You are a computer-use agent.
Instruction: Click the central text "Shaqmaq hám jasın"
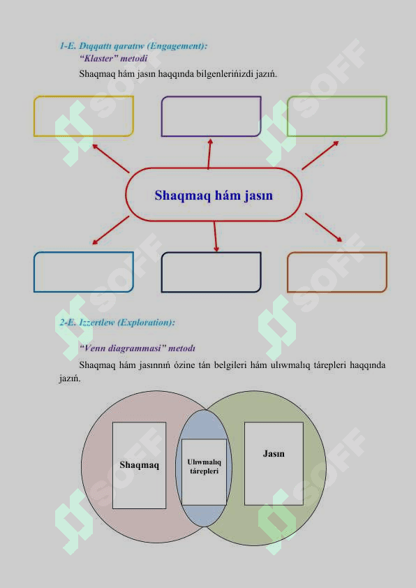click(214, 196)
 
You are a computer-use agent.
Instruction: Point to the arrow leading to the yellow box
click(111, 159)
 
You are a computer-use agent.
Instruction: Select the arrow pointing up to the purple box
click(209, 154)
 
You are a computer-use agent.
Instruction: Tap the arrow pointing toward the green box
click(320, 155)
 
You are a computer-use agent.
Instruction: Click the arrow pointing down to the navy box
click(216, 236)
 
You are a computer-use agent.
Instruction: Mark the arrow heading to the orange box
click(323, 228)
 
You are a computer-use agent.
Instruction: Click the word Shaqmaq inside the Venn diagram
click(140, 465)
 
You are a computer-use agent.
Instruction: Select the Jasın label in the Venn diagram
click(274, 454)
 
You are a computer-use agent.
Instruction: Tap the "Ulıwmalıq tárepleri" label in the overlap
click(205, 466)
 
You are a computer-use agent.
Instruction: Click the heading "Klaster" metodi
click(113, 58)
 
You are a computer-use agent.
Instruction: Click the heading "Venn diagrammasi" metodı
click(138, 348)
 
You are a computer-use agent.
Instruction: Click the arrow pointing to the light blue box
click(110, 230)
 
